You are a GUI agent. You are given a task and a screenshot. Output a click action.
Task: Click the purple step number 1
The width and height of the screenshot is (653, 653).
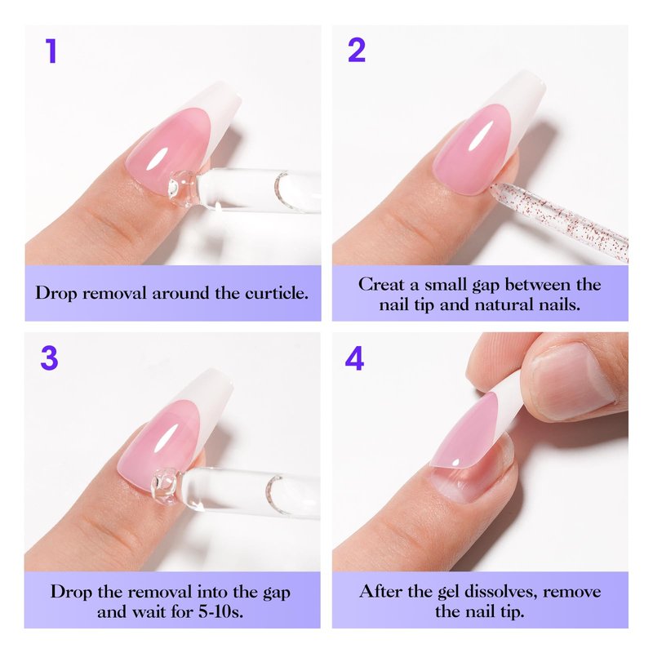51,51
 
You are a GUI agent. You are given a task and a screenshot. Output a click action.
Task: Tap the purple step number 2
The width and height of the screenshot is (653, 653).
357,51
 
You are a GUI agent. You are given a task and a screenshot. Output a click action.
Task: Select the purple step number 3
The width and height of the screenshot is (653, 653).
49,358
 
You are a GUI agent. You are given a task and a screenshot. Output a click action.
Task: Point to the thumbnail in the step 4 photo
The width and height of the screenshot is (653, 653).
575,380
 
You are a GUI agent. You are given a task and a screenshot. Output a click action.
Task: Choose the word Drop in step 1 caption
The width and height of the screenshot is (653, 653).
56,293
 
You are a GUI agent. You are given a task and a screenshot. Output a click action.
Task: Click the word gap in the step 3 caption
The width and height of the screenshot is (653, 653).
276,593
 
